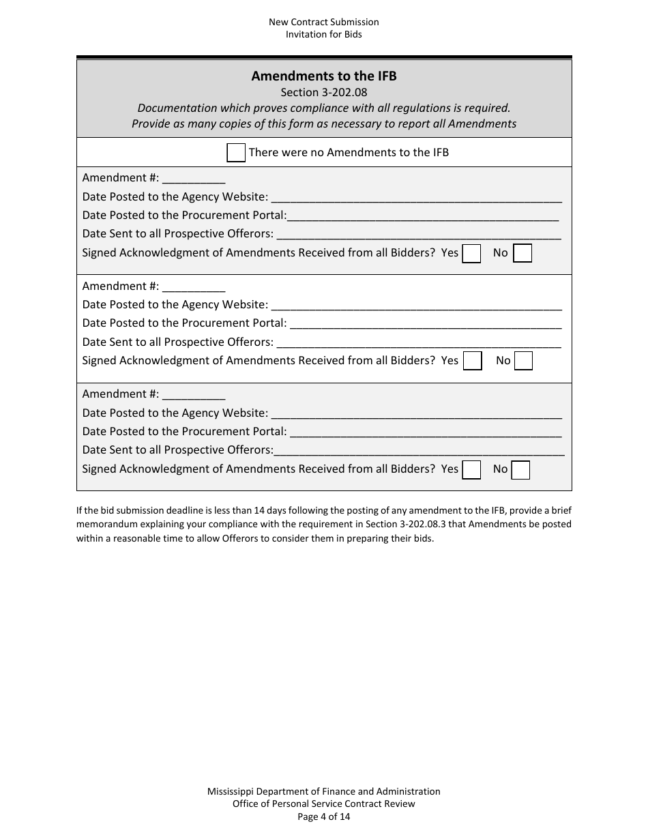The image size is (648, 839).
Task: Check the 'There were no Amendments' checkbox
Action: click(236, 153)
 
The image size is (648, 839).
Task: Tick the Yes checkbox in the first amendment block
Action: click(471, 254)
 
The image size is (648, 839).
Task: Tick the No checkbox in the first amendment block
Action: click(522, 254)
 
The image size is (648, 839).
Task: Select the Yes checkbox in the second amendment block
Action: click(472, 361)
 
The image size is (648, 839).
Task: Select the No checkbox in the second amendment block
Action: click(523, 361)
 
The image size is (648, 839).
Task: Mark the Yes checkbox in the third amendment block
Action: click(471, 470)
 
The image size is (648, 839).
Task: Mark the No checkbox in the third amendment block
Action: click(520, 470)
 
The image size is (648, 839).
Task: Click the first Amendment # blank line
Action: click(194, 179)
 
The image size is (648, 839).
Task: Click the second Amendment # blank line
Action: click(194, 287)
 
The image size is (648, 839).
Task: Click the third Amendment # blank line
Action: click(194, 395)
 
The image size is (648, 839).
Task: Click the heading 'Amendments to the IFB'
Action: click(324, 76)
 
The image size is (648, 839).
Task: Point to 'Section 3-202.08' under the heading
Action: click(324, 92)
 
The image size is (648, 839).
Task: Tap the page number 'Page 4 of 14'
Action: click(324, 816)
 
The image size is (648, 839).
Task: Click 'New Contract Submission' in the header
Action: click(324, 22)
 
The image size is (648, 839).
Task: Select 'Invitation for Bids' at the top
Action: click(324, 34)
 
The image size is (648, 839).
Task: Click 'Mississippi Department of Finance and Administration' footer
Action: click(324, 791)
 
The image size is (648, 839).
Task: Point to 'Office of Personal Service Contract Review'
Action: click(324, 804)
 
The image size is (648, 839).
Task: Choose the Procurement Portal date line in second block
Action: click(426, 324)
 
